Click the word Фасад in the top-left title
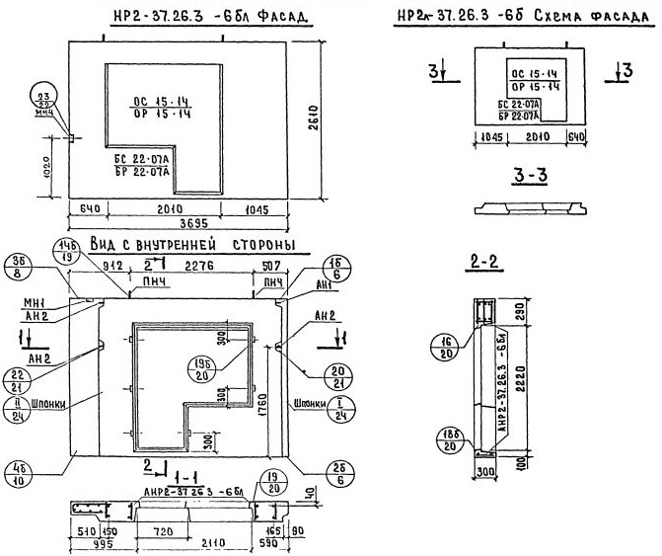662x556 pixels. click(279, 18)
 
